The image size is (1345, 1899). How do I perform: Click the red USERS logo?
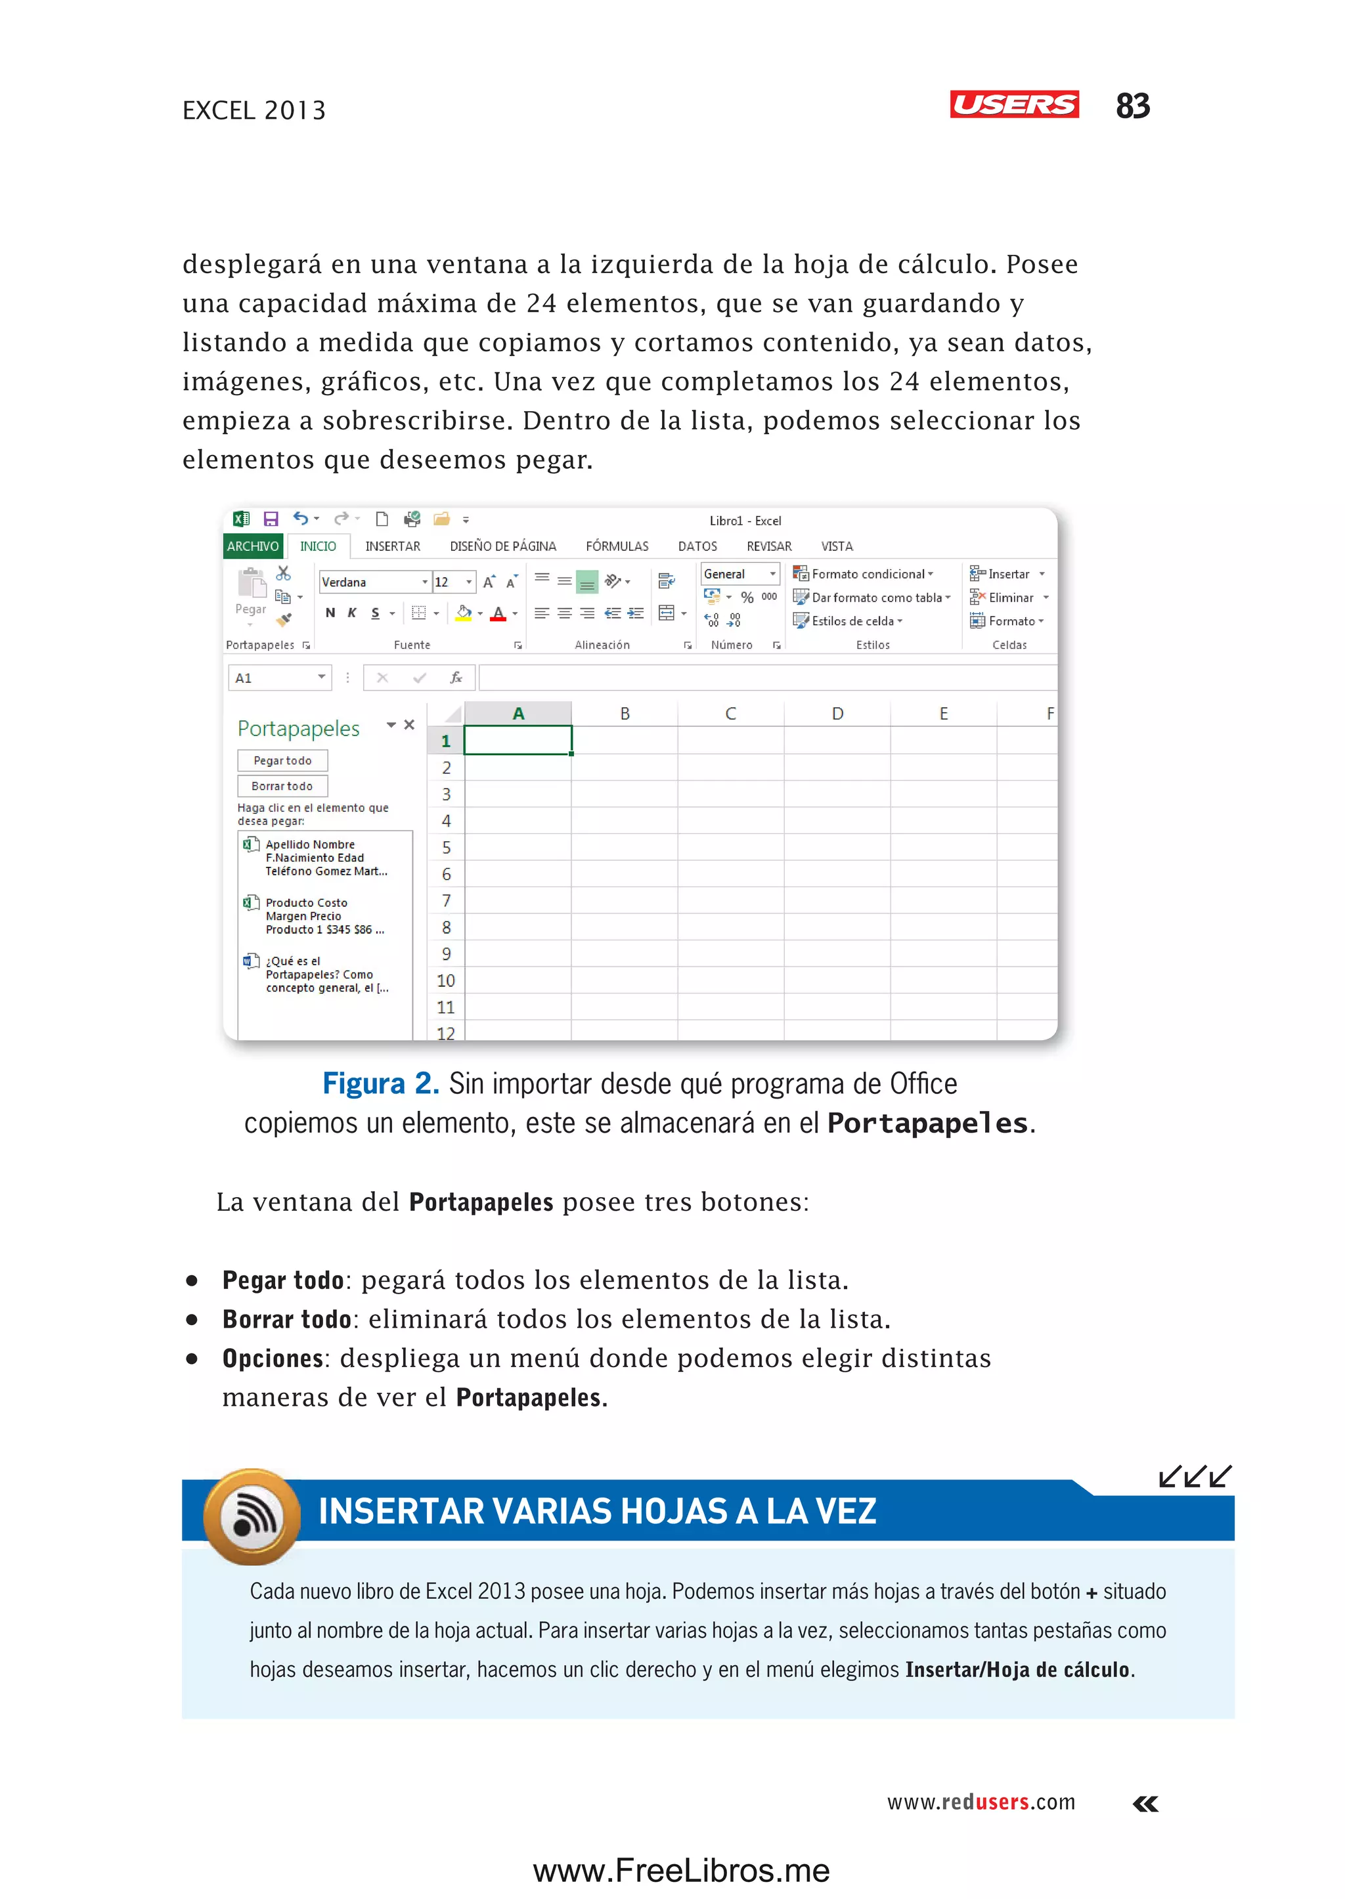point(1014,104)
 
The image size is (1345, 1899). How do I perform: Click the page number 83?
point(1132,106)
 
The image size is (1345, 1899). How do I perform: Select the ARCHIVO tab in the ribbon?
point(253,546)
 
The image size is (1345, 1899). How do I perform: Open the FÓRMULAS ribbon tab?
point(617,546)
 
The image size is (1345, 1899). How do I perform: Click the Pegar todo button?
point(282,760)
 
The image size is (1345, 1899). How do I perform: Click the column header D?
point(837,713)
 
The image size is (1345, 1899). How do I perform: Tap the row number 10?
point(445,980)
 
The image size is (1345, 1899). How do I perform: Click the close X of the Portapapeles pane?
point(409,725)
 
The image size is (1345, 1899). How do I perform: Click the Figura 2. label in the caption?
point(380,1083)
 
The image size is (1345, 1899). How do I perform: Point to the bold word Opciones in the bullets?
point(273,1358)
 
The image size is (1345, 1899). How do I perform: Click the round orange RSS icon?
point(253,1516)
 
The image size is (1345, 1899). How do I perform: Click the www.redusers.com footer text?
point(981,1802)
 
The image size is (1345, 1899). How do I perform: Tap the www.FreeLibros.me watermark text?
point(681,1870)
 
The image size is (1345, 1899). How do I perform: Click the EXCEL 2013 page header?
point(254,110)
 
